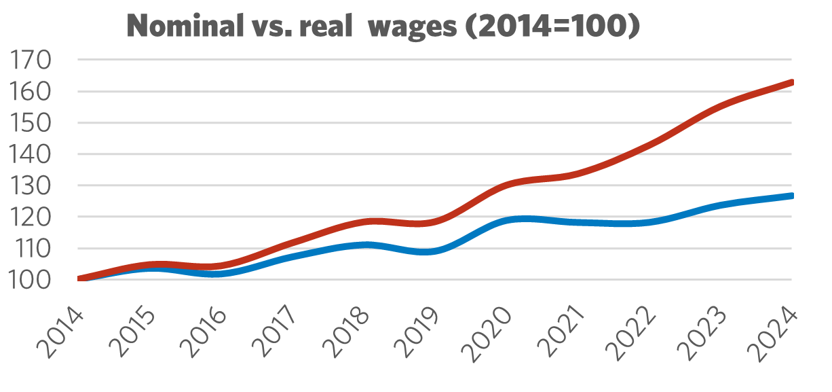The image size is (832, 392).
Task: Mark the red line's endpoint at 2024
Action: [x=791, y=82]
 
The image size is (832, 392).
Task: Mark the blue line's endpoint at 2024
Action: [x=791, y=196]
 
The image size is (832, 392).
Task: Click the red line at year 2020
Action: [x=506, y=184]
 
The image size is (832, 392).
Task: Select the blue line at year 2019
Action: [x=435, y=251]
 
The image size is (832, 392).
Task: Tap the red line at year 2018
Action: [x=364, y=221]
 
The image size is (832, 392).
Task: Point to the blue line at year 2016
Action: [x=221, y=274]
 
